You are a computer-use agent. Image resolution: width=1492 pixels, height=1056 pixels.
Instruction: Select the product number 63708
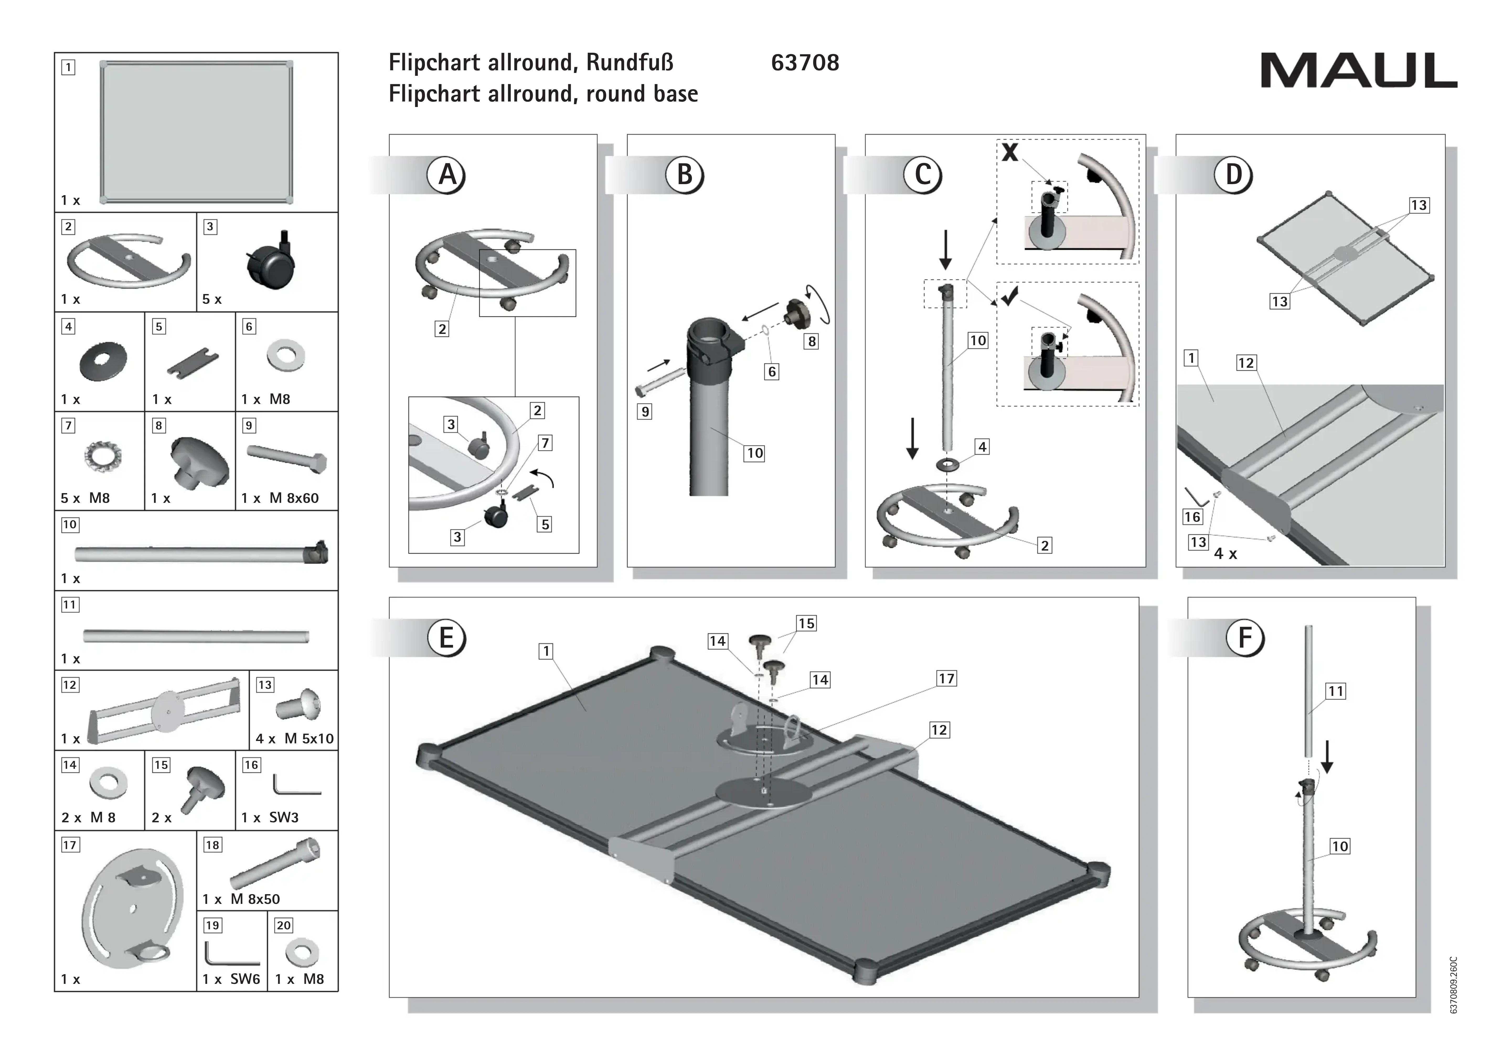805,63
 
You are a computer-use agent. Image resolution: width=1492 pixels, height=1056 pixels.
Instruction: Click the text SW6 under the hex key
245,979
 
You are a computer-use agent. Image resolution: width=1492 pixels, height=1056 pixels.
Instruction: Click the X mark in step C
1010,153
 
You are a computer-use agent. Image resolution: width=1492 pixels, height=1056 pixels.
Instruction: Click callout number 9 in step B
644,412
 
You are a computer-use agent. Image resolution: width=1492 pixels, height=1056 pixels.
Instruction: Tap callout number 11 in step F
1335,691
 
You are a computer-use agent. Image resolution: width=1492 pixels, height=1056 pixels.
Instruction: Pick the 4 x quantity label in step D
1225,554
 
